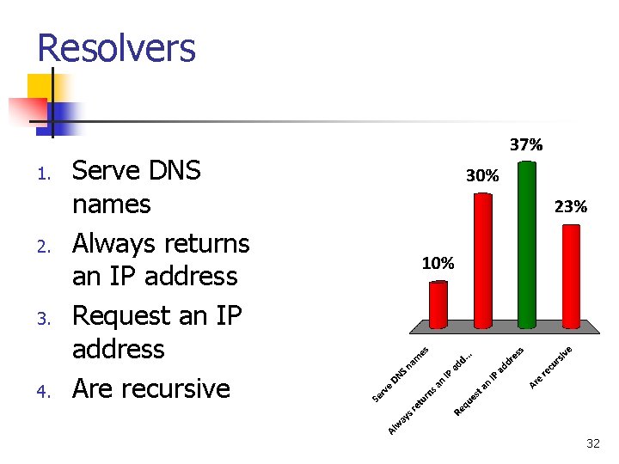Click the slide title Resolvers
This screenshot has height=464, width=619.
[x=117, y=48]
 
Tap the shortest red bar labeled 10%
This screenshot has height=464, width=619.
[x=438, y=304]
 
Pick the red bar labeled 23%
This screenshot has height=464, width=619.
[x=571, y=275]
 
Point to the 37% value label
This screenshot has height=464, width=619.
[x=526, y=145]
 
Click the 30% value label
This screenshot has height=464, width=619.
[x=481, y=175]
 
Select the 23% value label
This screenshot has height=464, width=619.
[x=571, y=206]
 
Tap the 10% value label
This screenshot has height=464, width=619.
[x=438, y=263]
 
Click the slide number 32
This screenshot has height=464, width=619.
[x=592, y=443]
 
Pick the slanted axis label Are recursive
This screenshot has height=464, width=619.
[x=551, y=365]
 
